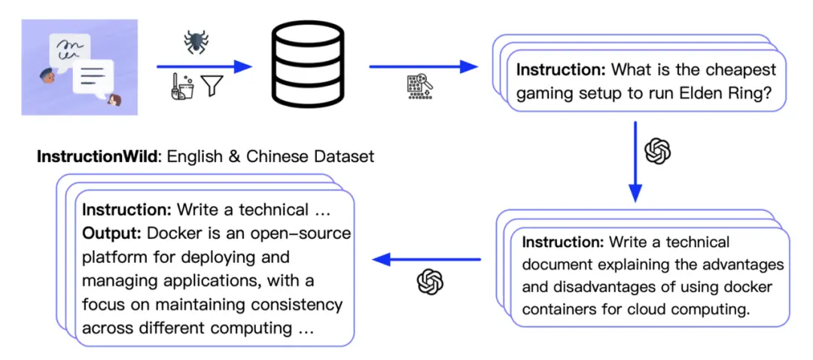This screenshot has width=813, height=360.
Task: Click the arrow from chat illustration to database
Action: pos(203,67)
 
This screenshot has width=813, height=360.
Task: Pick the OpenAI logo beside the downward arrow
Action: pos(658,151)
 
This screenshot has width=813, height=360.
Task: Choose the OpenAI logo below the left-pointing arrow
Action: pos(430,282)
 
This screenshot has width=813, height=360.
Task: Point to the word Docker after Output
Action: pos(169,233)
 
